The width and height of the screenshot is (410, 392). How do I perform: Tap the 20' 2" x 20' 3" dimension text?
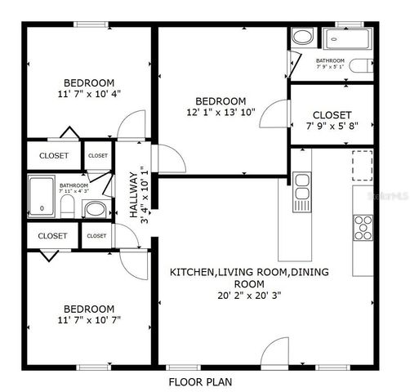pos(221,296)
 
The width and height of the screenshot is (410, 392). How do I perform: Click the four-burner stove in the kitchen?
pos(363,226)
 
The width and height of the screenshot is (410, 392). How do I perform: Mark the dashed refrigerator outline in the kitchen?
pos(361,165)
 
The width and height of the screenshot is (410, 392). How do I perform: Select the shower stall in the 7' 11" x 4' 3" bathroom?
pos(42,197)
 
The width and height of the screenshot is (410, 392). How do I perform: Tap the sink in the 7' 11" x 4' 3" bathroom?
pos(94,208)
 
